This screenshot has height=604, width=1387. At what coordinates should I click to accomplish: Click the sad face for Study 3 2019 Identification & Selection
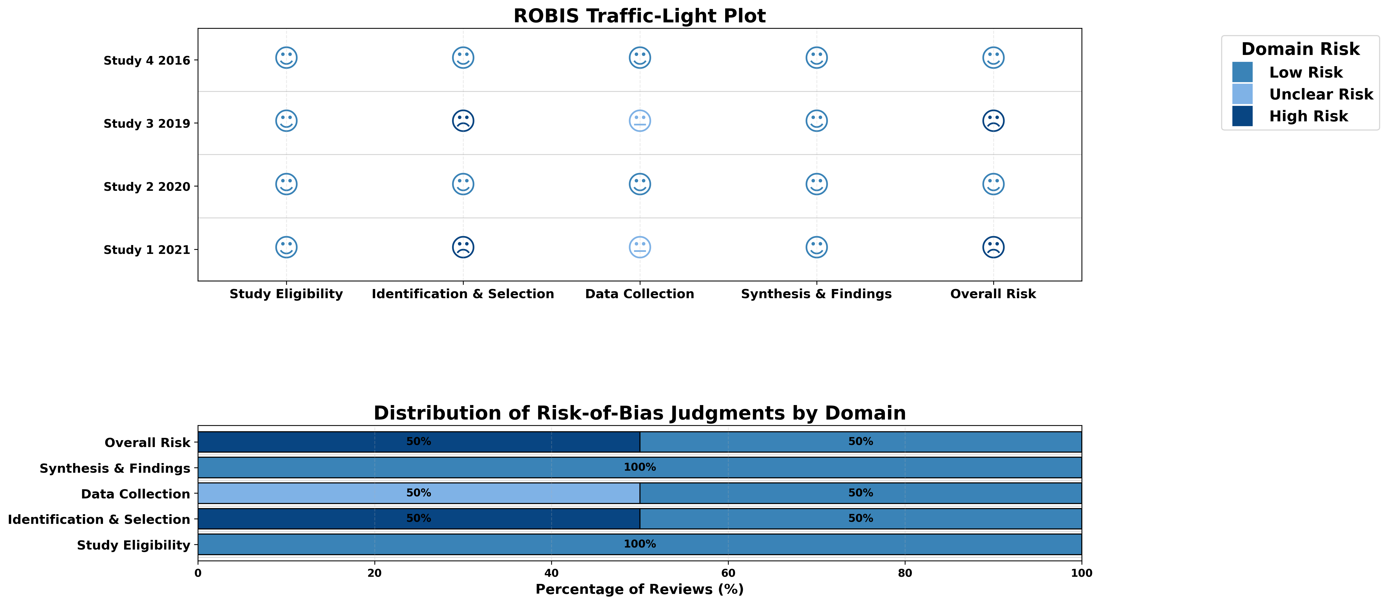463,121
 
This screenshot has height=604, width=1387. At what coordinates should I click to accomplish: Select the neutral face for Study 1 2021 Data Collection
640,247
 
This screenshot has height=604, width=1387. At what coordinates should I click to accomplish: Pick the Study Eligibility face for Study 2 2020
286,184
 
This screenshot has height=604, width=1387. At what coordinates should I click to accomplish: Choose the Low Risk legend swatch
1242,72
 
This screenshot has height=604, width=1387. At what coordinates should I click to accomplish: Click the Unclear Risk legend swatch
1242,94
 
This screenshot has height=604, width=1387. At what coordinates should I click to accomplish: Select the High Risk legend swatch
1242,116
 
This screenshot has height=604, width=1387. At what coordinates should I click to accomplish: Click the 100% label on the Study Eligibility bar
640,544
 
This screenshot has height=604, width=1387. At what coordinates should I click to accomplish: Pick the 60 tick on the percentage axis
728,573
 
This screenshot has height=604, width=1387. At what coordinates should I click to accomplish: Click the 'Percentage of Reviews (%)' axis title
640,589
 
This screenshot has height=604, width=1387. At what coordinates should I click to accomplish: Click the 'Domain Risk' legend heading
1300,49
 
